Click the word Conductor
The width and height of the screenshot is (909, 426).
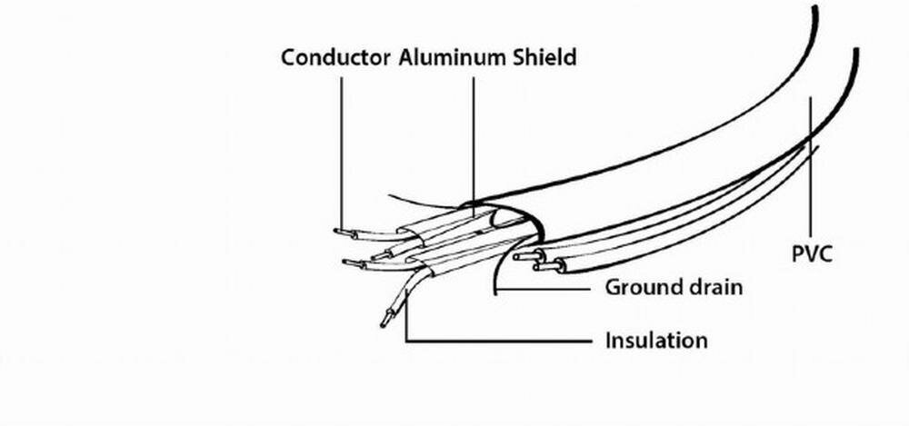click(336, 58)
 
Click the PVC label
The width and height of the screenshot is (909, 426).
click(812, 253)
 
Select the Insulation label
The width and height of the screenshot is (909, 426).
click(656, 342)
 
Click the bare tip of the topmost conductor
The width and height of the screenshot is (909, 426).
click(339, 232)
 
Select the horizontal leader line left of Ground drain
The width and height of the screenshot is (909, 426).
click(545, 289)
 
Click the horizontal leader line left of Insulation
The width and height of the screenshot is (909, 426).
click(500, 342)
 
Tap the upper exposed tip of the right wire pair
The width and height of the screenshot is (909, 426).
click(520, 257)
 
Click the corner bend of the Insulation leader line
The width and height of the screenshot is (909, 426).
click(406, 342)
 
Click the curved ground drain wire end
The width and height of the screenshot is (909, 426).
click(495, 291)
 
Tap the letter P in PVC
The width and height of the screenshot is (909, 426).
click(797, 253)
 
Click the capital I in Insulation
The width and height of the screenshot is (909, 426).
click(608, 342)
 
